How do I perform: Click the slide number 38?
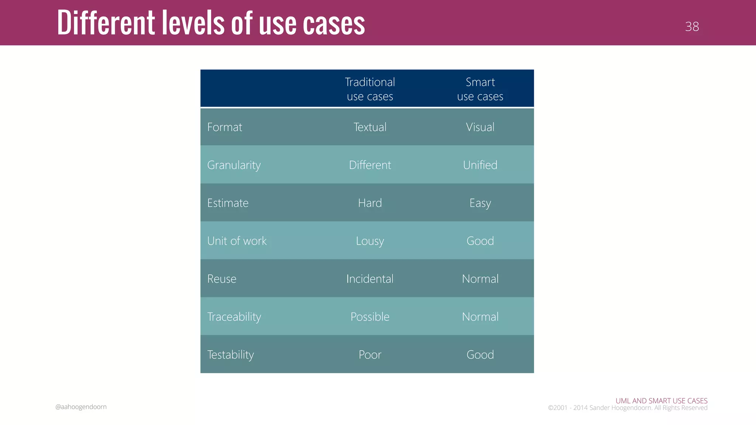tap(692, 27)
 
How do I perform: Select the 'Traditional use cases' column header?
tap(370, 89)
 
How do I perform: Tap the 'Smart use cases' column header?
tap(480, 89)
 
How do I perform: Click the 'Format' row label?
tap(224, 127)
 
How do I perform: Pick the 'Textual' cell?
tap(370, 127)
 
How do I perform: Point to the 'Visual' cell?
tap(480, 127)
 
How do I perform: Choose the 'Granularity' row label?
tap(234, 165)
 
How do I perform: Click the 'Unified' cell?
tap(480, 165)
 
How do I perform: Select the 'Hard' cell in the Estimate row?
tap(370, 203)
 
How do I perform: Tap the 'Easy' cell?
tap(480, 203)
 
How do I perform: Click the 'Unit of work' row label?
tap(237, 241)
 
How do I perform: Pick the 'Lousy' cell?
tap(370, 241)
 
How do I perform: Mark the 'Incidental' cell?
tap(370, 279)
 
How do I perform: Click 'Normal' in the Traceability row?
tap(480, 317)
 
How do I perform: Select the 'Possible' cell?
tap(370, 317)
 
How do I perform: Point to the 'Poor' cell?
tap(370, 355)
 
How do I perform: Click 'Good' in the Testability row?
tap(480, 355)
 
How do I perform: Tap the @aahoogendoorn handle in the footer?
tap(81, 407)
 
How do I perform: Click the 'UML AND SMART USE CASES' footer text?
tap(661, 401)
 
